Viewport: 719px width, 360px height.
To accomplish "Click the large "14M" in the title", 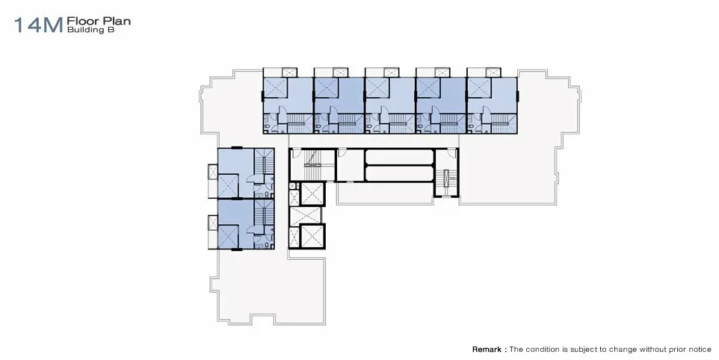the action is (x=38, y=25).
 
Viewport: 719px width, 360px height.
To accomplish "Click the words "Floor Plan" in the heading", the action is (x=99, y=21).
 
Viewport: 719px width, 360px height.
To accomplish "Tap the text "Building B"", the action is (x=90, y=30).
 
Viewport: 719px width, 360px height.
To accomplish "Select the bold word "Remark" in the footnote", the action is (x=487, y=350).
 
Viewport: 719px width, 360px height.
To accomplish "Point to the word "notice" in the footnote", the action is (x=698, y=350).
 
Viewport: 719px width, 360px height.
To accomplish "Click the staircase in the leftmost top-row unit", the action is (x=299, y=122).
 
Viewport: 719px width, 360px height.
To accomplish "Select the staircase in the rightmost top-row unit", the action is (x=504, y=122).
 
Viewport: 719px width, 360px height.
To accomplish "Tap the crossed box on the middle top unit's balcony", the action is (x=391, y=72).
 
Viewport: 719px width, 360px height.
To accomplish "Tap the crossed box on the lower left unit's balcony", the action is (x=213, y=223).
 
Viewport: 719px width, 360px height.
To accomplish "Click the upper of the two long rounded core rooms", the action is (x=399, y=157).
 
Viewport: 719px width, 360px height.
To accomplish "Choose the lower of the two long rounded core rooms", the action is (x=399, y=173).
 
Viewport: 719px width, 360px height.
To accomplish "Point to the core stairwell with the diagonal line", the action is (x=313, y=165).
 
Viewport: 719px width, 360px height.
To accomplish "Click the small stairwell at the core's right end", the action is (x=447, y=178).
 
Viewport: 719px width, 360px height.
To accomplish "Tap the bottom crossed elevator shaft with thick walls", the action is (x=312, y=236).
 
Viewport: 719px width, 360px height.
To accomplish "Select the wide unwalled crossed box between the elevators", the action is (x=306, y=215).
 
